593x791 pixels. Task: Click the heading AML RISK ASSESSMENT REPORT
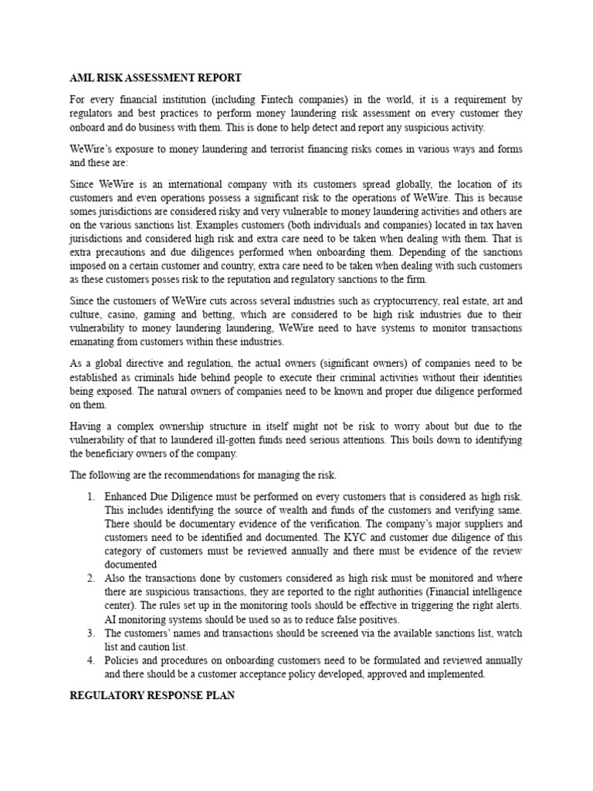(156, 78)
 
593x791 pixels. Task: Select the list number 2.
(90, 579)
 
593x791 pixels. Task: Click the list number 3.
(90, 633)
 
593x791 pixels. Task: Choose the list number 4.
(90, 660)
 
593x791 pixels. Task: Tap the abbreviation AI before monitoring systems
(111, 619)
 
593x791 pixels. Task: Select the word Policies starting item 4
(124, 660)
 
